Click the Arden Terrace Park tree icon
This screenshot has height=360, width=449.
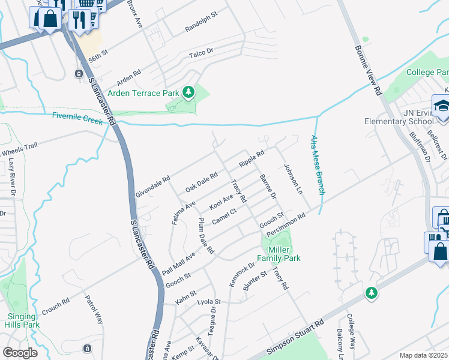coord(189,92)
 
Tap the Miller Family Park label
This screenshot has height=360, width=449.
coord(279,254)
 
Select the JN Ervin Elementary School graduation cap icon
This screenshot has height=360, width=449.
coord(440,104)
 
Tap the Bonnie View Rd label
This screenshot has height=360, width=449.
coord(368,71)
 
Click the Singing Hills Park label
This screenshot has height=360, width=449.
coord(23,320)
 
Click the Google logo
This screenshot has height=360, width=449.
coord(20,353)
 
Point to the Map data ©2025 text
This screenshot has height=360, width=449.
coord(423,355)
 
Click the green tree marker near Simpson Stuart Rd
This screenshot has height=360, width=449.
coord(372,292)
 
